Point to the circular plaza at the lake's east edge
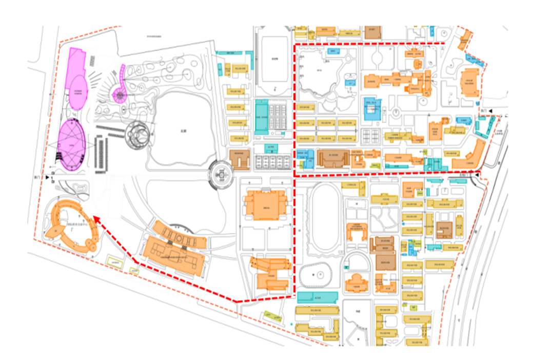[221, 175]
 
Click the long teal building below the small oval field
[318, 297]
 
